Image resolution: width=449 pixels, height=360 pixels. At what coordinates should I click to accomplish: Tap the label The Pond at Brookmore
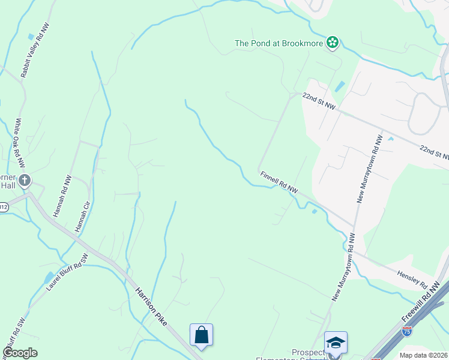(x=279, y=43)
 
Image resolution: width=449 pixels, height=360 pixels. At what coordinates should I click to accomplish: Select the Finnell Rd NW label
(x=279, y=182)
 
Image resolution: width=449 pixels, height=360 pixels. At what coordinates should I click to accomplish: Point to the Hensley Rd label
(x=412, y=278)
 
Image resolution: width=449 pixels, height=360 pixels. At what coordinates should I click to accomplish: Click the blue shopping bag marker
(x=202, y=335)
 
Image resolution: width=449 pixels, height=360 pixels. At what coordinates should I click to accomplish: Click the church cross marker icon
(x=25, y=180)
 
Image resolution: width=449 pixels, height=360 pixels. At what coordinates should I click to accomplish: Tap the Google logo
(x=20, y=353)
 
